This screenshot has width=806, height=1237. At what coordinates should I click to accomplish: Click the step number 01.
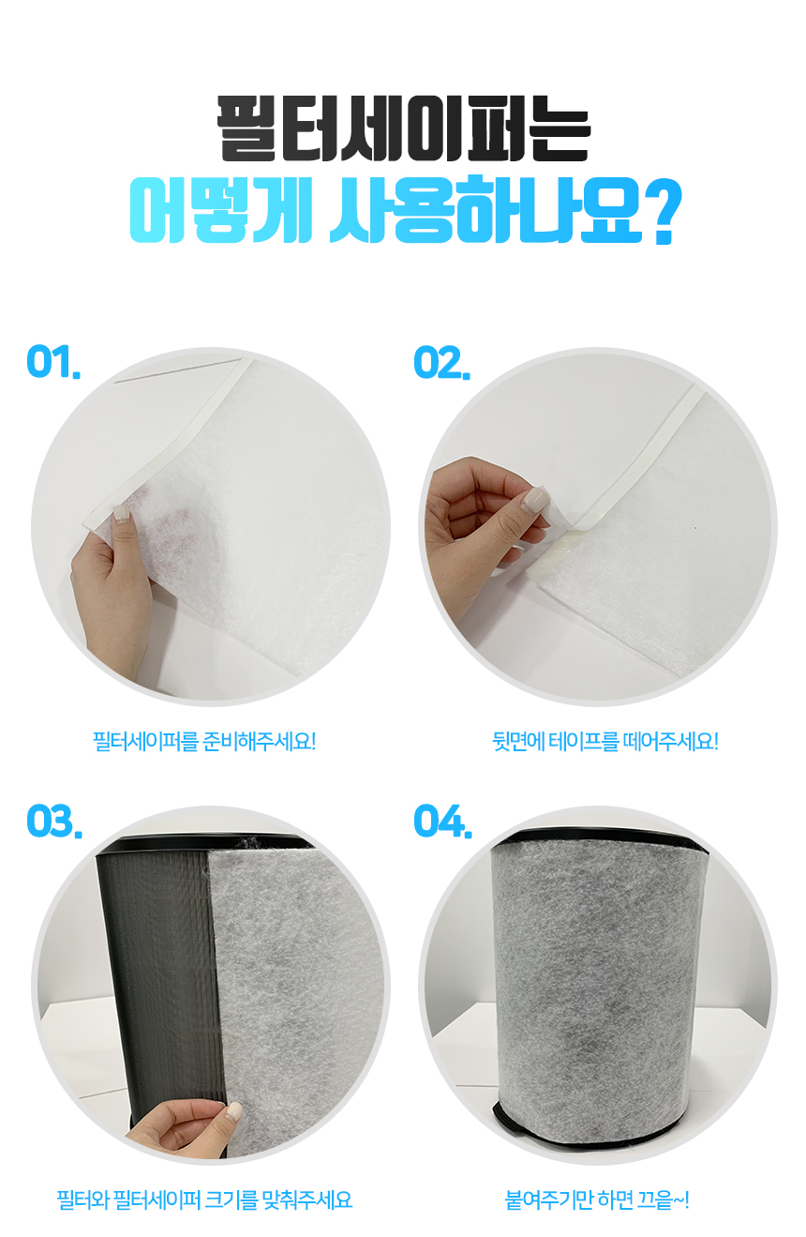point(53,362)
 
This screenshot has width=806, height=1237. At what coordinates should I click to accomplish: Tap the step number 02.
point(441,362)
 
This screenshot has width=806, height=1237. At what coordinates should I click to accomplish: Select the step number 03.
point(54,821)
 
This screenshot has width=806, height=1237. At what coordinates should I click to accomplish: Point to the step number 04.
point(442,821)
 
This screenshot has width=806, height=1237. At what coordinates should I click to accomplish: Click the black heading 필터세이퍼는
point(403,128)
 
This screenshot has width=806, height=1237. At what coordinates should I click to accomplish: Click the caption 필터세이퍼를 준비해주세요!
point(204,741)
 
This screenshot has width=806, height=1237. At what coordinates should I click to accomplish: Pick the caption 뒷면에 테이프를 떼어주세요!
point(605,741)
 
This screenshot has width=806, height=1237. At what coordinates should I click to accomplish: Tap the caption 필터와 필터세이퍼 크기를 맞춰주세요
point(204,1199)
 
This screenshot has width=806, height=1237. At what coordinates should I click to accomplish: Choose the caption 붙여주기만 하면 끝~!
point(597,1199)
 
